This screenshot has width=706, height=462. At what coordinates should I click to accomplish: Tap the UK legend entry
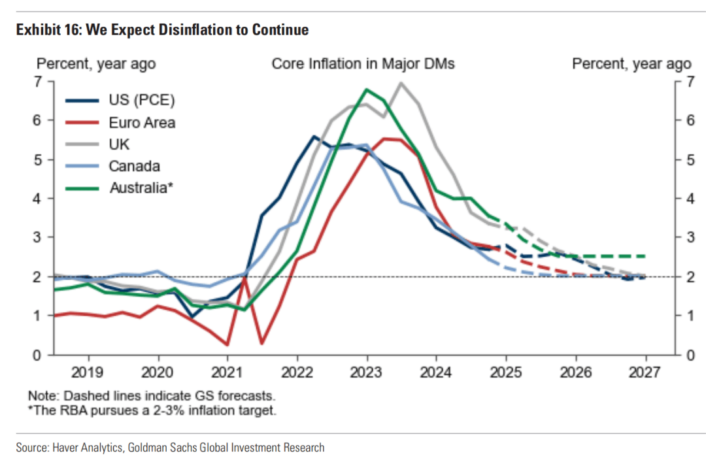[x=119, y=144]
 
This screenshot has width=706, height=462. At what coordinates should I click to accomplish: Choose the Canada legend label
[x=134, y=167]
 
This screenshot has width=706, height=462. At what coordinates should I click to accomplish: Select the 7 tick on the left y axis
[x=38, y=82]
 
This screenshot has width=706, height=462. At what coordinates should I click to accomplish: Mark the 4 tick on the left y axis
[x=38, y=198]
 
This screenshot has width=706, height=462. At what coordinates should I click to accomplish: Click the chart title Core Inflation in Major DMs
[x=363, y=64]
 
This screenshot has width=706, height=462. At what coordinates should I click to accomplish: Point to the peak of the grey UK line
[x=401, y=83]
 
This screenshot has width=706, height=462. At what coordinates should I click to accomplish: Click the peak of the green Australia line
[x=366, y=90]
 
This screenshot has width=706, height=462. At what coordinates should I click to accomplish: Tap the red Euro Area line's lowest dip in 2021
[x=227, y=344]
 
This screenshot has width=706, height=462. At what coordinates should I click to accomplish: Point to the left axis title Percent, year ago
[x=96, y=64]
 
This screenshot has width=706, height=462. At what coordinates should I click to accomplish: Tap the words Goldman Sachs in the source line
[x=161, y=448]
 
